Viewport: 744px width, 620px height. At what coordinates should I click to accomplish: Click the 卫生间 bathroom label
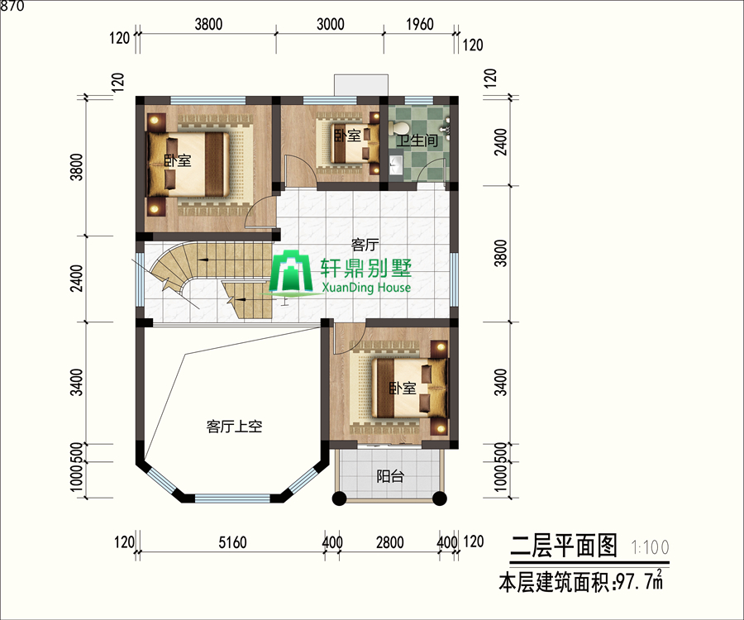417,141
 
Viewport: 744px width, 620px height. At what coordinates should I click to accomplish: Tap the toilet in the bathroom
398,128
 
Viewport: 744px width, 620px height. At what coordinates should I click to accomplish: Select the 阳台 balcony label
390,476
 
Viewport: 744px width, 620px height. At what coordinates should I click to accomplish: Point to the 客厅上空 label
235,427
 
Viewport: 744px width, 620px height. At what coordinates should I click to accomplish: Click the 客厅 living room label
365,245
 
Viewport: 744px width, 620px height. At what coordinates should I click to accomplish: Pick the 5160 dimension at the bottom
232,542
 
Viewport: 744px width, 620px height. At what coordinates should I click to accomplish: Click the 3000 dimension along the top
330,24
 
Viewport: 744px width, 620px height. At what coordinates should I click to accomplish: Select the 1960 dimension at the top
420,24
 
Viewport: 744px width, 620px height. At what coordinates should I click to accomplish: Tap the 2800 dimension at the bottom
390,542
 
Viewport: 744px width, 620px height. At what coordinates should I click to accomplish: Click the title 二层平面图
564,546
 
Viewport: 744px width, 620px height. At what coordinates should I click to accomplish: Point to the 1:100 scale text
650,547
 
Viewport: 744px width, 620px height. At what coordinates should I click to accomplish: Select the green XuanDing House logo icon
290,272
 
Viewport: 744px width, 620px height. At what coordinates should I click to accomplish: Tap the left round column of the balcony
339,498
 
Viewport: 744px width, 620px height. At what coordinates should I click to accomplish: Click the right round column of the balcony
440,498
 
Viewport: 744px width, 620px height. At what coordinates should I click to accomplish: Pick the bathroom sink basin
395,165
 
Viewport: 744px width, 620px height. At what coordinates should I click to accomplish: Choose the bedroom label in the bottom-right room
403,389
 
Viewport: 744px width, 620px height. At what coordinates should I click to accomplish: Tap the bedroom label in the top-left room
178,161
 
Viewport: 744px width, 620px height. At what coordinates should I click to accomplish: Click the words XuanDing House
366,288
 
